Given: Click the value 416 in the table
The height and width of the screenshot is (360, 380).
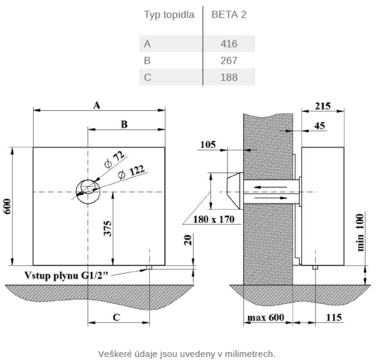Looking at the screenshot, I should coord(229,45).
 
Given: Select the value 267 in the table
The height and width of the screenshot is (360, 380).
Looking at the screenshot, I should coord(229,61).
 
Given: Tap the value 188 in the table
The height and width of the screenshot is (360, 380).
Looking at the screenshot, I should coord(229,77).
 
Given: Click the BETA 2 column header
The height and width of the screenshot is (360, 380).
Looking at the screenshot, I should coord(229,15).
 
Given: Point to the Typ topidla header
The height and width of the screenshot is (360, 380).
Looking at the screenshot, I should coord(169,15).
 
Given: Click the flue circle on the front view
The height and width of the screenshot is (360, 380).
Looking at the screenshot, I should coord(88,191).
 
